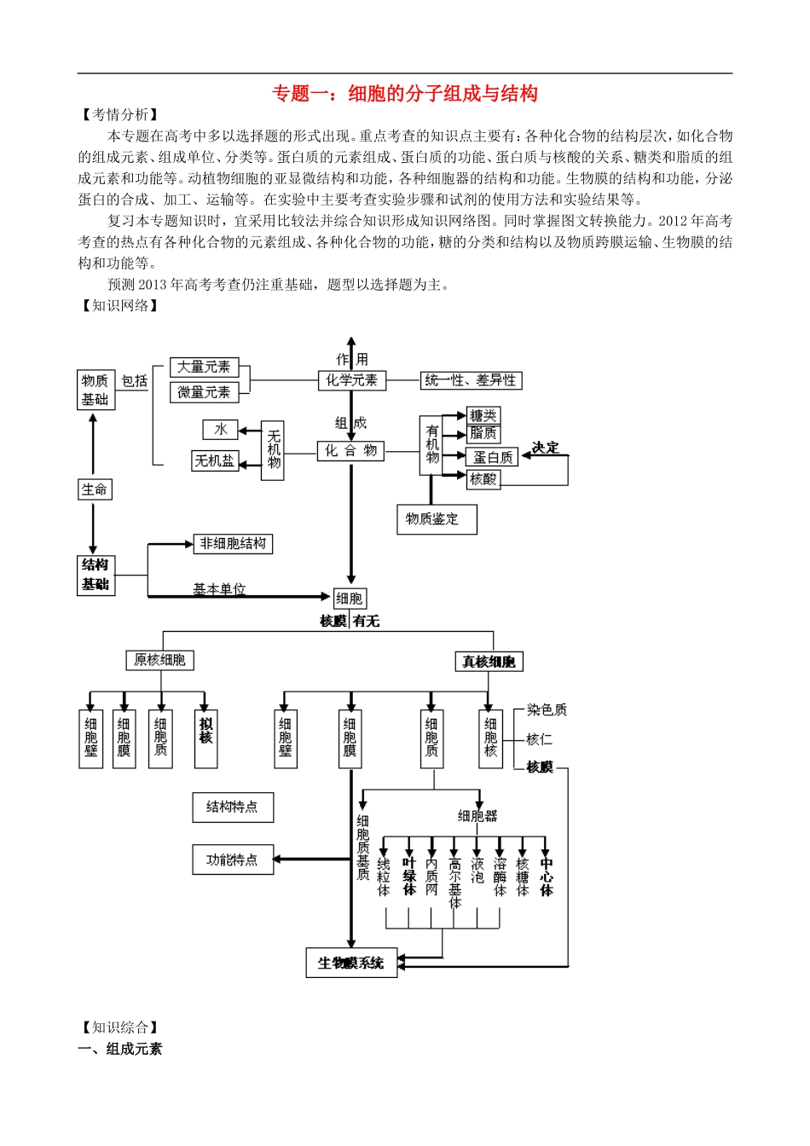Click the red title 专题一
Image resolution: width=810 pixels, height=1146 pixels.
click(x=404, y=94)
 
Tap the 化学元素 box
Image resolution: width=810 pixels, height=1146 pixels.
click(x=351, y=380)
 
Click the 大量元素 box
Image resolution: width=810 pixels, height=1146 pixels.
click(x=204, y=367)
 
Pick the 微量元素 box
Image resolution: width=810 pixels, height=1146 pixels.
click(x=204, y=392)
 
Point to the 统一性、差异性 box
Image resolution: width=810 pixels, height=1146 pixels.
click(x=471, y=380)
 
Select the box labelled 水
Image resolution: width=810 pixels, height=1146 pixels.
click(x=221, y=430)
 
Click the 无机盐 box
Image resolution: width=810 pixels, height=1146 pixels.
click(x=214, y=461)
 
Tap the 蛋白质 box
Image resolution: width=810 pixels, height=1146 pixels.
click(x=493, y=458)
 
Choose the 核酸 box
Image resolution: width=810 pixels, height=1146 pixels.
click(x=483, y=479)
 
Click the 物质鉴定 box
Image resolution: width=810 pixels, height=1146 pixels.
click(x=436, y=518)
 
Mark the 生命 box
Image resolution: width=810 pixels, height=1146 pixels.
click(x=95, y=489)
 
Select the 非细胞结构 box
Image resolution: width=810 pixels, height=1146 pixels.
click(x=233, y=543)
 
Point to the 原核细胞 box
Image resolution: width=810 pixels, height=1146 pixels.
click(x=159, y=660)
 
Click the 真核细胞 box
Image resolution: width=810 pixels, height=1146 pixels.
click(x=489, y=662)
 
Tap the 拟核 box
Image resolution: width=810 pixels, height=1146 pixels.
click(x=205, y=738)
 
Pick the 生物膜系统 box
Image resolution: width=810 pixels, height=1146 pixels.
click(x=351, y=963)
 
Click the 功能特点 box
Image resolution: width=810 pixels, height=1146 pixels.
click(x=232, y=859)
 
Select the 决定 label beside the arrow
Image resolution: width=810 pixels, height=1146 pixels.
click(x=545, y=448)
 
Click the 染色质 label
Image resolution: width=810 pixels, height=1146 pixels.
click(x=547, y=709)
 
